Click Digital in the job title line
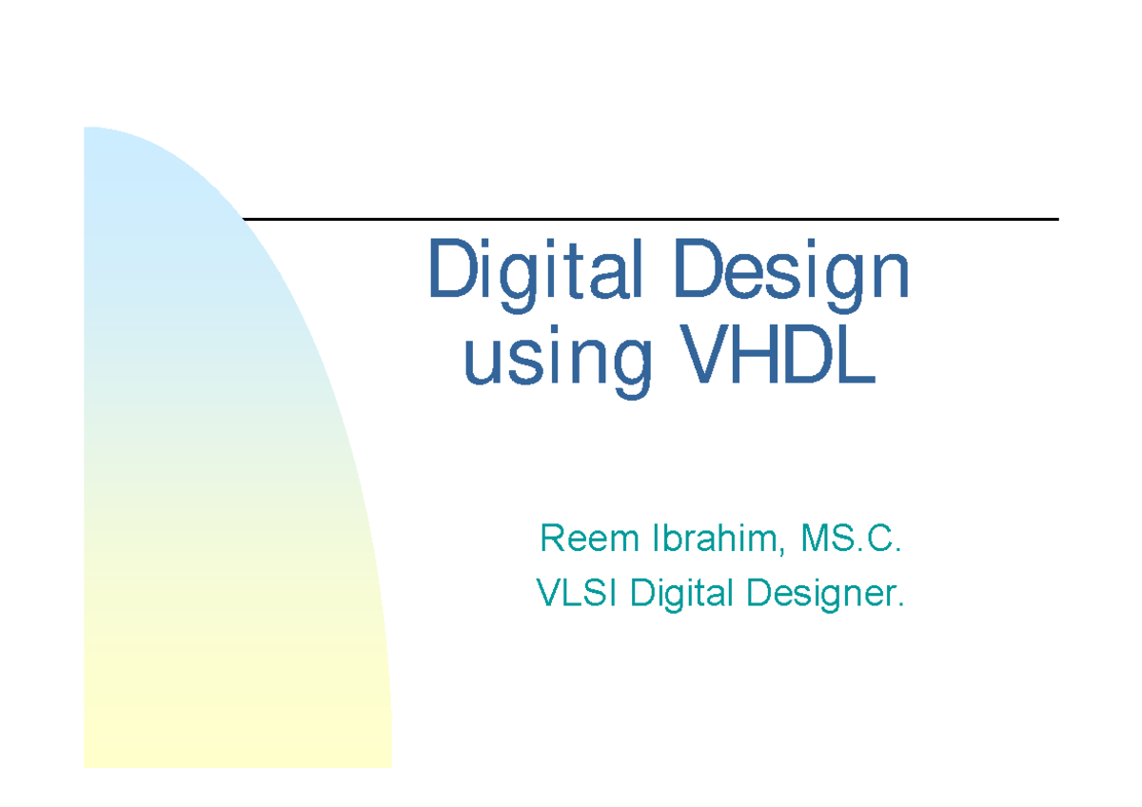click(683, 596)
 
